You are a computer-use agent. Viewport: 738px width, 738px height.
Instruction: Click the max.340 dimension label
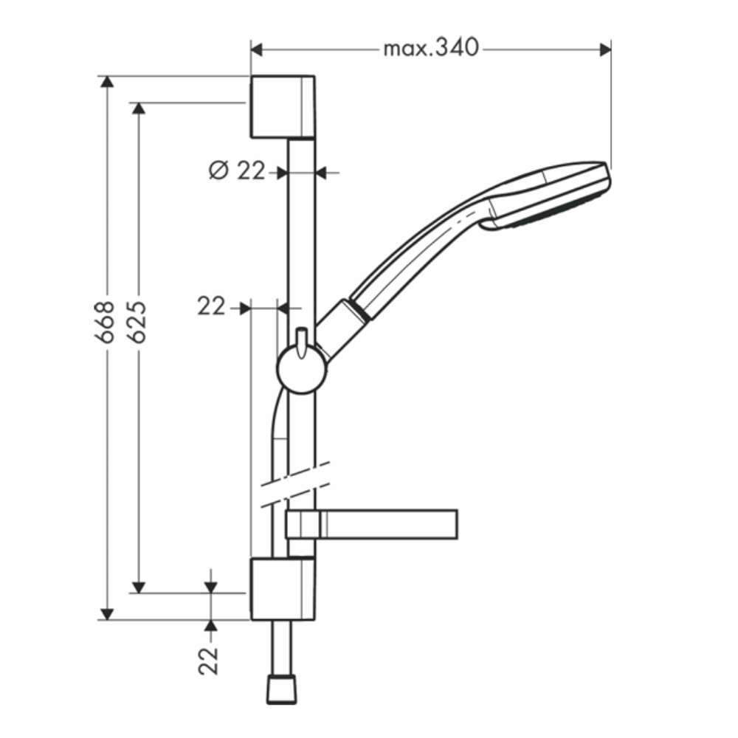[x=431, y=48]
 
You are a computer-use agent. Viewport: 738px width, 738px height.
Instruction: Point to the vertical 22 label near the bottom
[x=209, y=661]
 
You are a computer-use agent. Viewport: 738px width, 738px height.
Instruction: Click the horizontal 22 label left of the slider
[x=211, y=307]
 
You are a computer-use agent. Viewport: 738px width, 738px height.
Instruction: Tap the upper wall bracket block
[x=283, y=107]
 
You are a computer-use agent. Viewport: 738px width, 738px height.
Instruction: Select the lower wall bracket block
[x=283, y=589]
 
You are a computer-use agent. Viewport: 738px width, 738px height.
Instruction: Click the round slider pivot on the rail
[x=301, y=370]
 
